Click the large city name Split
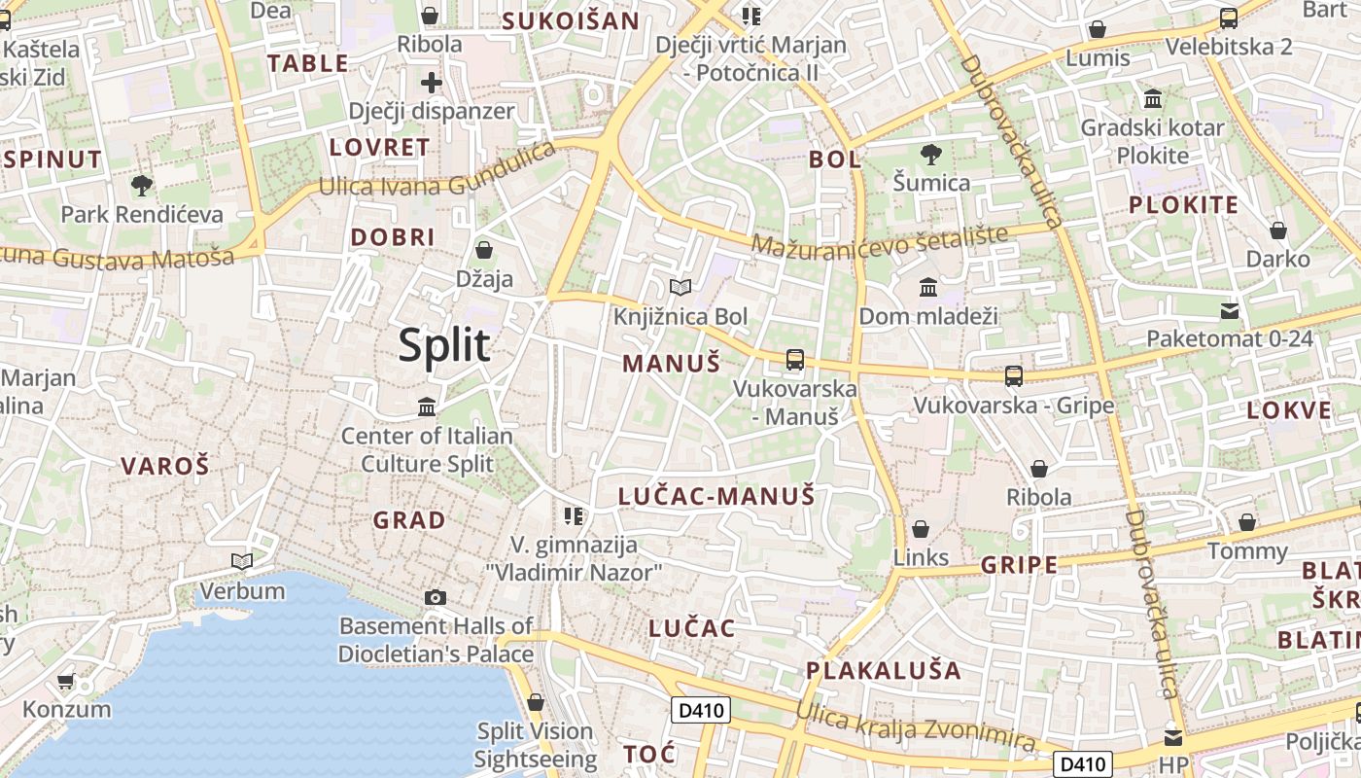(444, 345)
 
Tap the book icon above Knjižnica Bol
(680, 287)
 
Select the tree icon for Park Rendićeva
(142, 185)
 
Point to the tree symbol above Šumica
(931, 154)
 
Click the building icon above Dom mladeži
(928, 287)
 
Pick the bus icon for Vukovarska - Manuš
(795, 360)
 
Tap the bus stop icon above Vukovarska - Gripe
(1014, 375)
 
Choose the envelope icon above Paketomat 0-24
(1230, 311)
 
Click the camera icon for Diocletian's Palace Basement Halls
(436, 597)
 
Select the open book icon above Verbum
(242, 561)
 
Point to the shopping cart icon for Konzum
(66, 681)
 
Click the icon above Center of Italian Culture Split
(427, 407)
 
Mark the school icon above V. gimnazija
(574, 514)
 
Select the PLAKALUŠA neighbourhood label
(884, 670)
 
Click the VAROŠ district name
(165, 466)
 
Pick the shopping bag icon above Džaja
(483, 250)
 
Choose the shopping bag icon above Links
(920, 529)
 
